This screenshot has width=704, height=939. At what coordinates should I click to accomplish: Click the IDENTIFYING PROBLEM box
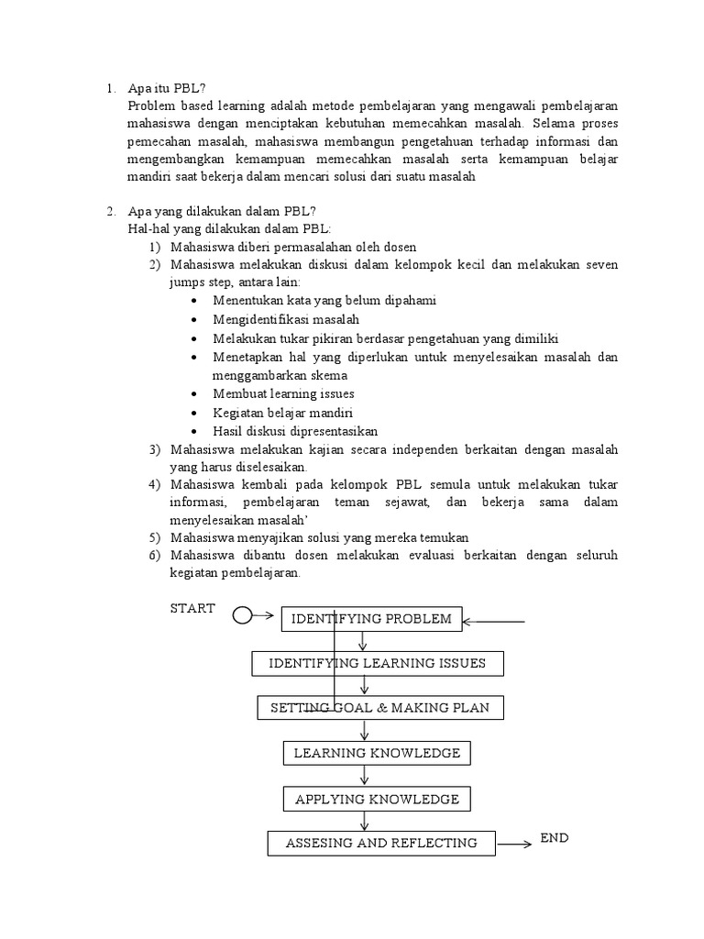(371, 619)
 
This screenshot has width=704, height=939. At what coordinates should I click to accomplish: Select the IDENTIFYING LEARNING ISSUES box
(377, 663)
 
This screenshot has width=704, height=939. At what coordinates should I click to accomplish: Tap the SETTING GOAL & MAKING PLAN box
(379, 708)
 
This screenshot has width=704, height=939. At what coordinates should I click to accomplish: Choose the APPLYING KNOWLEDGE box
(377, 799)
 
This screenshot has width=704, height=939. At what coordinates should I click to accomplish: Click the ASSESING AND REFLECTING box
(381, 843)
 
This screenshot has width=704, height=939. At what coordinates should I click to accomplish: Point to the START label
(192, 608)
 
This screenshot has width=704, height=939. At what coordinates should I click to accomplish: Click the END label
(555, 838)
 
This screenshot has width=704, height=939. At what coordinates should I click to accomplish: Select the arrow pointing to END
(516, 844)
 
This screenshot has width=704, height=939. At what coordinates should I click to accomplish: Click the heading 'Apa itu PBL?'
(169, 89)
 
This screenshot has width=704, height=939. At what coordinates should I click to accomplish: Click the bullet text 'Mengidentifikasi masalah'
(285, 319)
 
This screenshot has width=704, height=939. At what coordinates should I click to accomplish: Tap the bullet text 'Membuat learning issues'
(283, 393)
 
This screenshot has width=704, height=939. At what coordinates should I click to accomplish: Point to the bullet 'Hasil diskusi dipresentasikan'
(295, 431)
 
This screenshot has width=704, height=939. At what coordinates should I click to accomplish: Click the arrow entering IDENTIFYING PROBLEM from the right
(495, 622)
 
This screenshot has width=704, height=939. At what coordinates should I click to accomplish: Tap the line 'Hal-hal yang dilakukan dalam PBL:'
(230, 228)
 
